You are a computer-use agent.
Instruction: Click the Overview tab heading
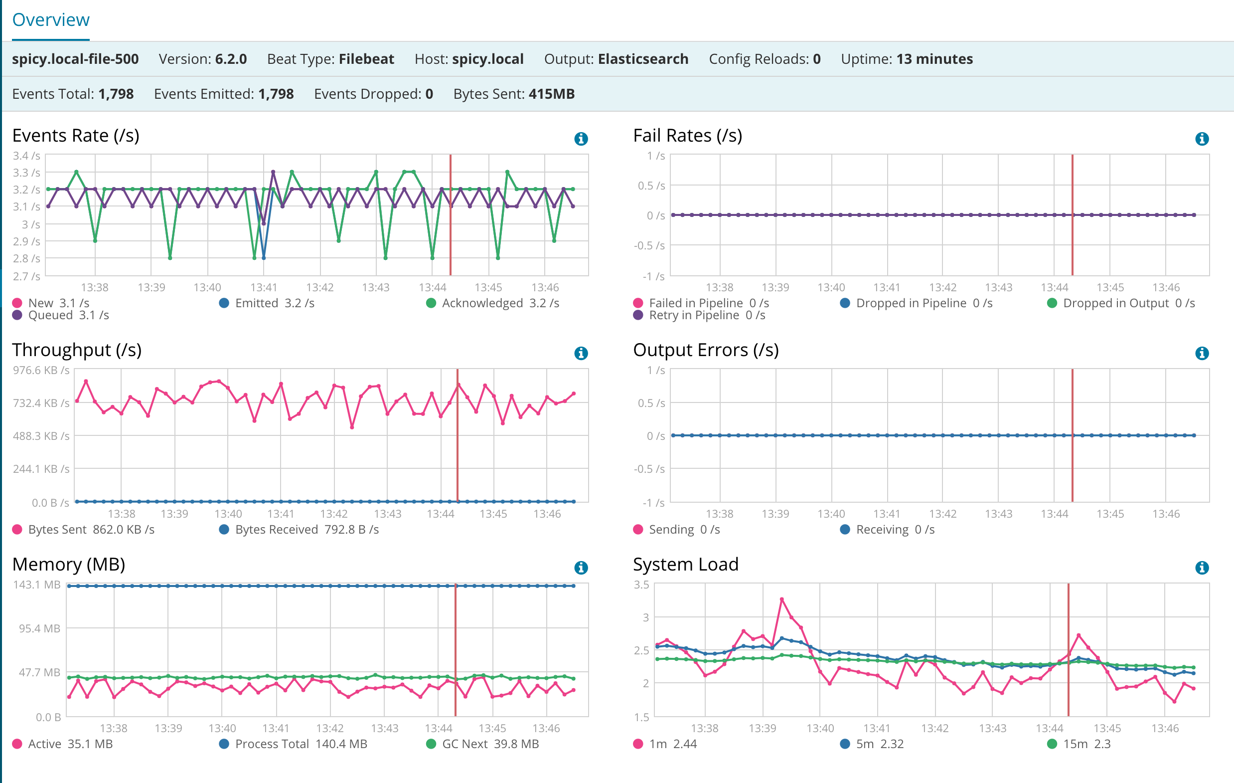pos(51,20)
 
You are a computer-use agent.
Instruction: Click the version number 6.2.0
pos(231,59)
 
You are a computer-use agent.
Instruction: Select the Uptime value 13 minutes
pos(934,59)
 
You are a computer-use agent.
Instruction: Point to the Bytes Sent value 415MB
pos(551,94)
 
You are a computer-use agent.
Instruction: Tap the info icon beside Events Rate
pos(581,139)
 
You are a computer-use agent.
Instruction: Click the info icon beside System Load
pos(1202,568)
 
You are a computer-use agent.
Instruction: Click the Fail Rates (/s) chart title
pos(687,135)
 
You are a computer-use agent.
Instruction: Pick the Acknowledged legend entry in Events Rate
pos(482,303)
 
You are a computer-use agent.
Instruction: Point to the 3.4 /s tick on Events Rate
pos(26,156)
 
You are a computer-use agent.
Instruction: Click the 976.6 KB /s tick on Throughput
pos(41,370)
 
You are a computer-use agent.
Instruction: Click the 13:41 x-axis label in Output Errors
pos(887,513)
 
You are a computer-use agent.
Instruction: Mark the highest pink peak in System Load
pos(781,599)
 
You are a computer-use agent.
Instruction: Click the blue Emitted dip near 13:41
pos(264,257)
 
